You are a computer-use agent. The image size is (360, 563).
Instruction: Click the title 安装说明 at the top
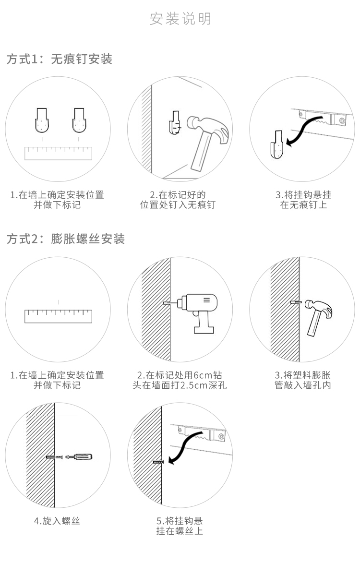pos(180,19)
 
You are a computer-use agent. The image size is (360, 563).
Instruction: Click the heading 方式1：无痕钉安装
pos(60,60)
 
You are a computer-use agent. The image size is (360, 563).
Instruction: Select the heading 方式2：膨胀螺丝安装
pos(66,239)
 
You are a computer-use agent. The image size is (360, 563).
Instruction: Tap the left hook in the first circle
pos(43,120)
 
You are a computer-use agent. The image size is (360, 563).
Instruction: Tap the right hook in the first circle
pos(80,120)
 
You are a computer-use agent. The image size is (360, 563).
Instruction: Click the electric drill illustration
pos(197,309)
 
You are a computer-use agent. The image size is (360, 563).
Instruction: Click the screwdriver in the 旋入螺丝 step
pos(79,457)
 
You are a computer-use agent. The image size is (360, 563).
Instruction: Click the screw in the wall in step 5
pos(158,462)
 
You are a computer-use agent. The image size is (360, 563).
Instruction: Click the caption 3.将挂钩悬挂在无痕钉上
pos(303,200)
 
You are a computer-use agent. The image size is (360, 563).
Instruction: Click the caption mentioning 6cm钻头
pos(180,380)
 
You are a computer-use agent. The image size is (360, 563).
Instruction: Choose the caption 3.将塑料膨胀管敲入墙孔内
pos(303,380)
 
